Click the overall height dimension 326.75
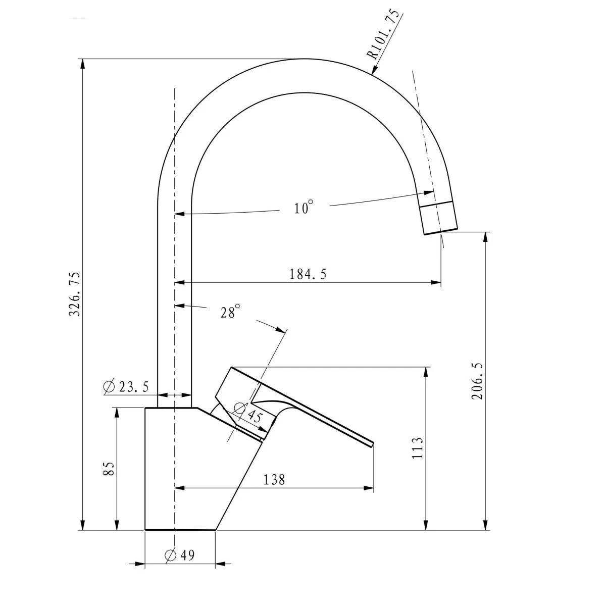(75, 294)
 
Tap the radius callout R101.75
(384, 35)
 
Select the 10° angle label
(304, 207)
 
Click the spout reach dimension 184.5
(308, 274)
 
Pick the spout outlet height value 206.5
(477, 381)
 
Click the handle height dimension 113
(418, 448)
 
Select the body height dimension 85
(109, 469)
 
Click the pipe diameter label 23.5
(134, 386)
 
